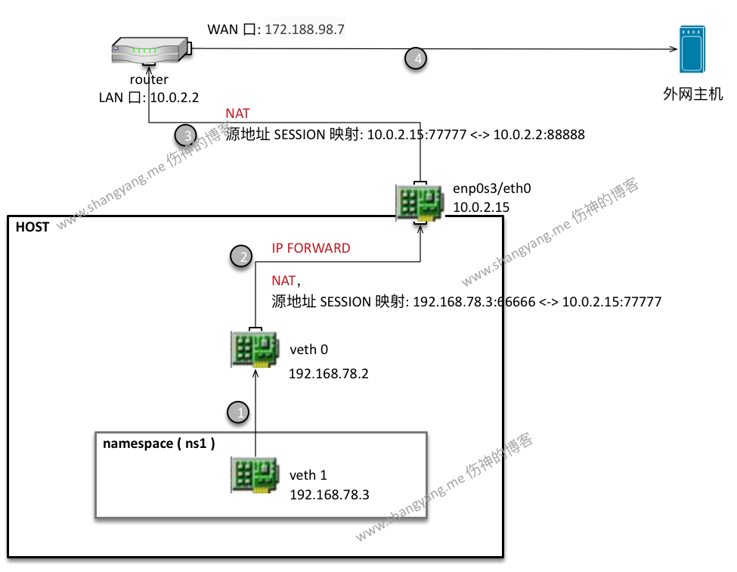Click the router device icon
tap(148, 54)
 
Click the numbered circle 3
tap(186, 135)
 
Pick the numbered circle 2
tap(241, 256)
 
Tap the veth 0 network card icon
tap(254, 349)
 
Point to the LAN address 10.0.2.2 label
tap(174, 97)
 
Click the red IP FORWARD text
tap(311, 248)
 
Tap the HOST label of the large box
tap(33, 226)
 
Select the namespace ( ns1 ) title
tap(159, 444)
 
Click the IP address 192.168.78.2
tap(329, 374)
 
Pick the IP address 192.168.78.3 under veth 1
tap(330, 494)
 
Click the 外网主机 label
tap(692, 95)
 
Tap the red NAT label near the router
tap(237, 113)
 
